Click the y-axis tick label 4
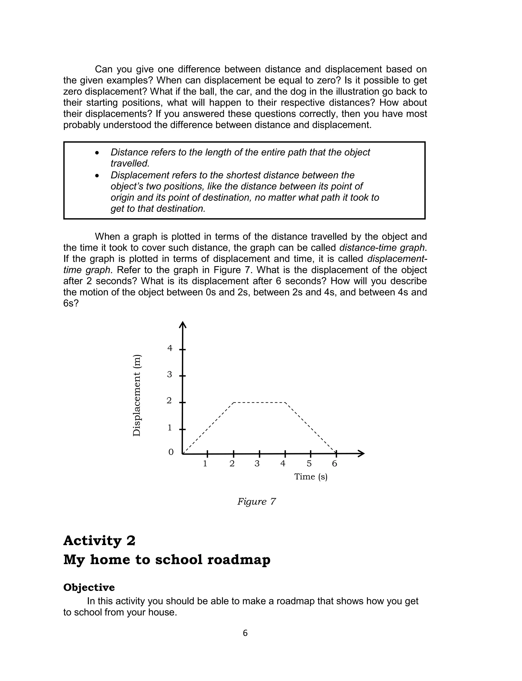coord(170,348)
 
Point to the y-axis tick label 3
coord(169,374)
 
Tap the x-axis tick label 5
coord(309,464)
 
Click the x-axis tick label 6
coord(335,464)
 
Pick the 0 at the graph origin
coord(171,452)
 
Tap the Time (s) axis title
coord(311,477)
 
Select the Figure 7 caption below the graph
coord(256,502)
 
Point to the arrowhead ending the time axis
coord(361,454)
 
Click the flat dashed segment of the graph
coord(259,403)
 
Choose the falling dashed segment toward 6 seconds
coord(311,428)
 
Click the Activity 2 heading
coord(99,541)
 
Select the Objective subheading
coord(89,587)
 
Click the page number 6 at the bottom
coord(245,633)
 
